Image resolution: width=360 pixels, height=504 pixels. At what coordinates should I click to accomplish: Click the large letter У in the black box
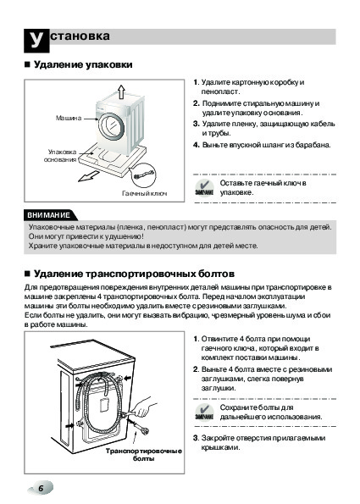pos(36,41)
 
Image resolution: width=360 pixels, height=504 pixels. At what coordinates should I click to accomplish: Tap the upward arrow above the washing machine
pos(121,92)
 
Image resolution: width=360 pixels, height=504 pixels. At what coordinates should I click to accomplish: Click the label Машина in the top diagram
pos(69,118)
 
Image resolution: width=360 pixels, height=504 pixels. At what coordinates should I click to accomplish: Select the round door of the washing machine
pos(111,126)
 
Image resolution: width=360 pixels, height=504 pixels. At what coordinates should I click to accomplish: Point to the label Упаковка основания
pos(60,156)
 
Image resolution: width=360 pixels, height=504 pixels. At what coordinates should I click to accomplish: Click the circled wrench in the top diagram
pos(144,175)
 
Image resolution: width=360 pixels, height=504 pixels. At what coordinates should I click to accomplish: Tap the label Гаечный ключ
pos(145,193)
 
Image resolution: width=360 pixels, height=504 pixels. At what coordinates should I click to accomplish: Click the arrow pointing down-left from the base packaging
pos(89,176)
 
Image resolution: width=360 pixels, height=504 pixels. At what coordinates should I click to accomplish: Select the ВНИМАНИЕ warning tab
pos(50,215)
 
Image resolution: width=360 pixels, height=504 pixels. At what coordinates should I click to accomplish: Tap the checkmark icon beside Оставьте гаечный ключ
pos(204,187)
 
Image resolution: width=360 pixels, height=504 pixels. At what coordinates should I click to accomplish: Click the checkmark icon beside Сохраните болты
pos(204,412)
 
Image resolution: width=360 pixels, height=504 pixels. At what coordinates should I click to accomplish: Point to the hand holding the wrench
pos(144,407)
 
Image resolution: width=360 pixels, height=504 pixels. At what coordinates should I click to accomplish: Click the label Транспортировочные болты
pos(144,455)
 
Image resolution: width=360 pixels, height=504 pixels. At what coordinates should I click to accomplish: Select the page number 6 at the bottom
pos(41,489)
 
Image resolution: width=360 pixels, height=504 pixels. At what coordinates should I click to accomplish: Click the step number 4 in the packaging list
pos(196,145)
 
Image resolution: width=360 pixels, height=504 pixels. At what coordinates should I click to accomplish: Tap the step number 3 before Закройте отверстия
pos(196,438)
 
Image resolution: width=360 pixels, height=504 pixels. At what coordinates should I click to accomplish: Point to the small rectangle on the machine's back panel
pos(103,406)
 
